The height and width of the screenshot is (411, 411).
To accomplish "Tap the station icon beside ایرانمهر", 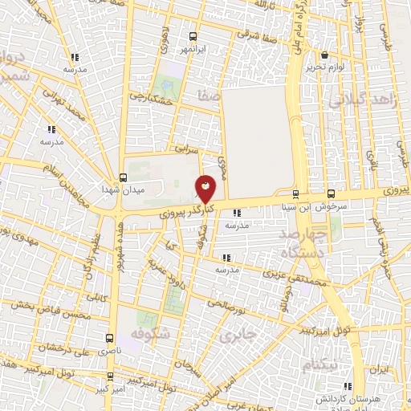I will click(192, 36).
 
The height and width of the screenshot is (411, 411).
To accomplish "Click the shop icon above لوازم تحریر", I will click(324, 55).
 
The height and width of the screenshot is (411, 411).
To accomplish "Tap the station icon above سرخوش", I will click(331, 193).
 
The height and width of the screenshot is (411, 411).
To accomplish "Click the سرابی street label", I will click(185, 149).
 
